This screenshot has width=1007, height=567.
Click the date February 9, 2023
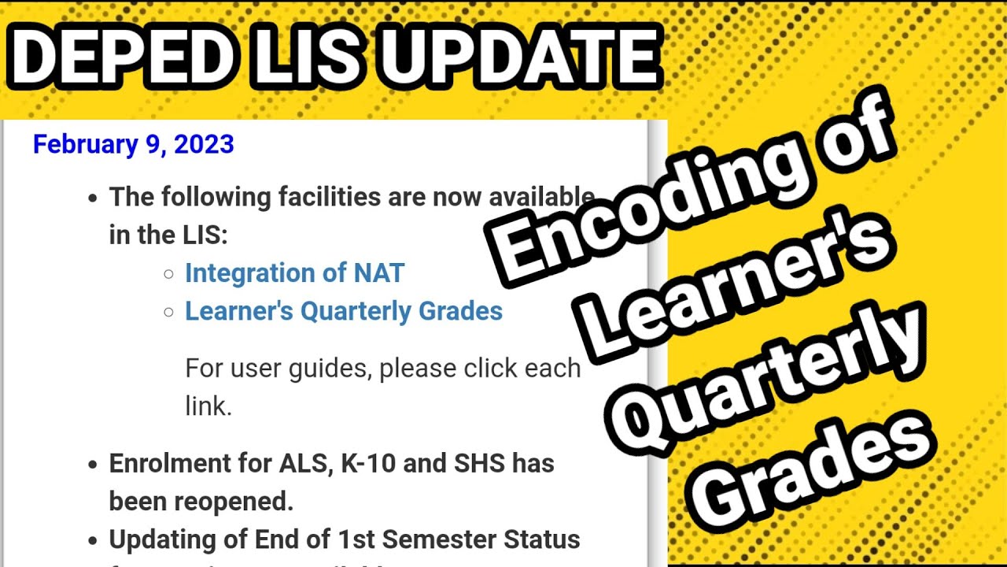[x=133, y=145]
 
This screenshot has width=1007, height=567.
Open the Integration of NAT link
[x=294, y=273]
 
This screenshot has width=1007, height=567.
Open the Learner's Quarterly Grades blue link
[x=344, y=311]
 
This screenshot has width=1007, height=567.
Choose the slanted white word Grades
[x=818, y=472]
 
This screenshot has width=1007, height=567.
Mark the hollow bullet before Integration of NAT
[x=168, y=274]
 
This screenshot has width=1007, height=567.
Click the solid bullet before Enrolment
[x=93, y=465]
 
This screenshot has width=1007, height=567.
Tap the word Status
[x=543, y=539]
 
